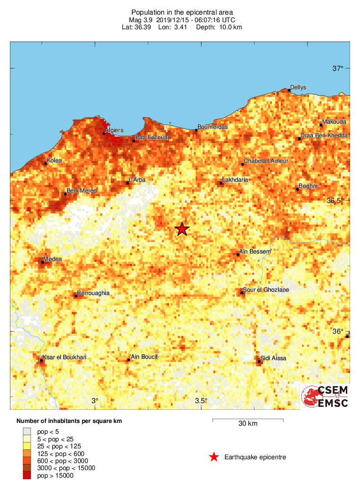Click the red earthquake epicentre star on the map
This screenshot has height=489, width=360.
click(x=182, y=229)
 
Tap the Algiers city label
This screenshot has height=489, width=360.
click(x=114, y=130)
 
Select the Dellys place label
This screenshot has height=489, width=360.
click(x=298, y=87)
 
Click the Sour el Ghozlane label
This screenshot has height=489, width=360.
click(x=266, y=290)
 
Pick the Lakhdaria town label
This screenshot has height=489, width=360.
click(x=235, y=180)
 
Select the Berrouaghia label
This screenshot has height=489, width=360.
click(x=93, y=293)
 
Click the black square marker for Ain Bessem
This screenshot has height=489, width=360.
click(x=238, y=254)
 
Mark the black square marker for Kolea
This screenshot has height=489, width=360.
click(x=46, y=164)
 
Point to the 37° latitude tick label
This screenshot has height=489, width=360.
click(x=337, y=69)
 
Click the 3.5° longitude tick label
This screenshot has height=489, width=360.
click(x=201, y=401)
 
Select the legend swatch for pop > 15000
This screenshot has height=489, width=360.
click(x=27, y=475)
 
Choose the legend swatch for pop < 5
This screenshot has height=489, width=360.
click(x=27, y=431)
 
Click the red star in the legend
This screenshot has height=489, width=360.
click(x=214, y=457)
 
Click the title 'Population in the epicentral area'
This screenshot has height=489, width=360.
click(x=182, y=12)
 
